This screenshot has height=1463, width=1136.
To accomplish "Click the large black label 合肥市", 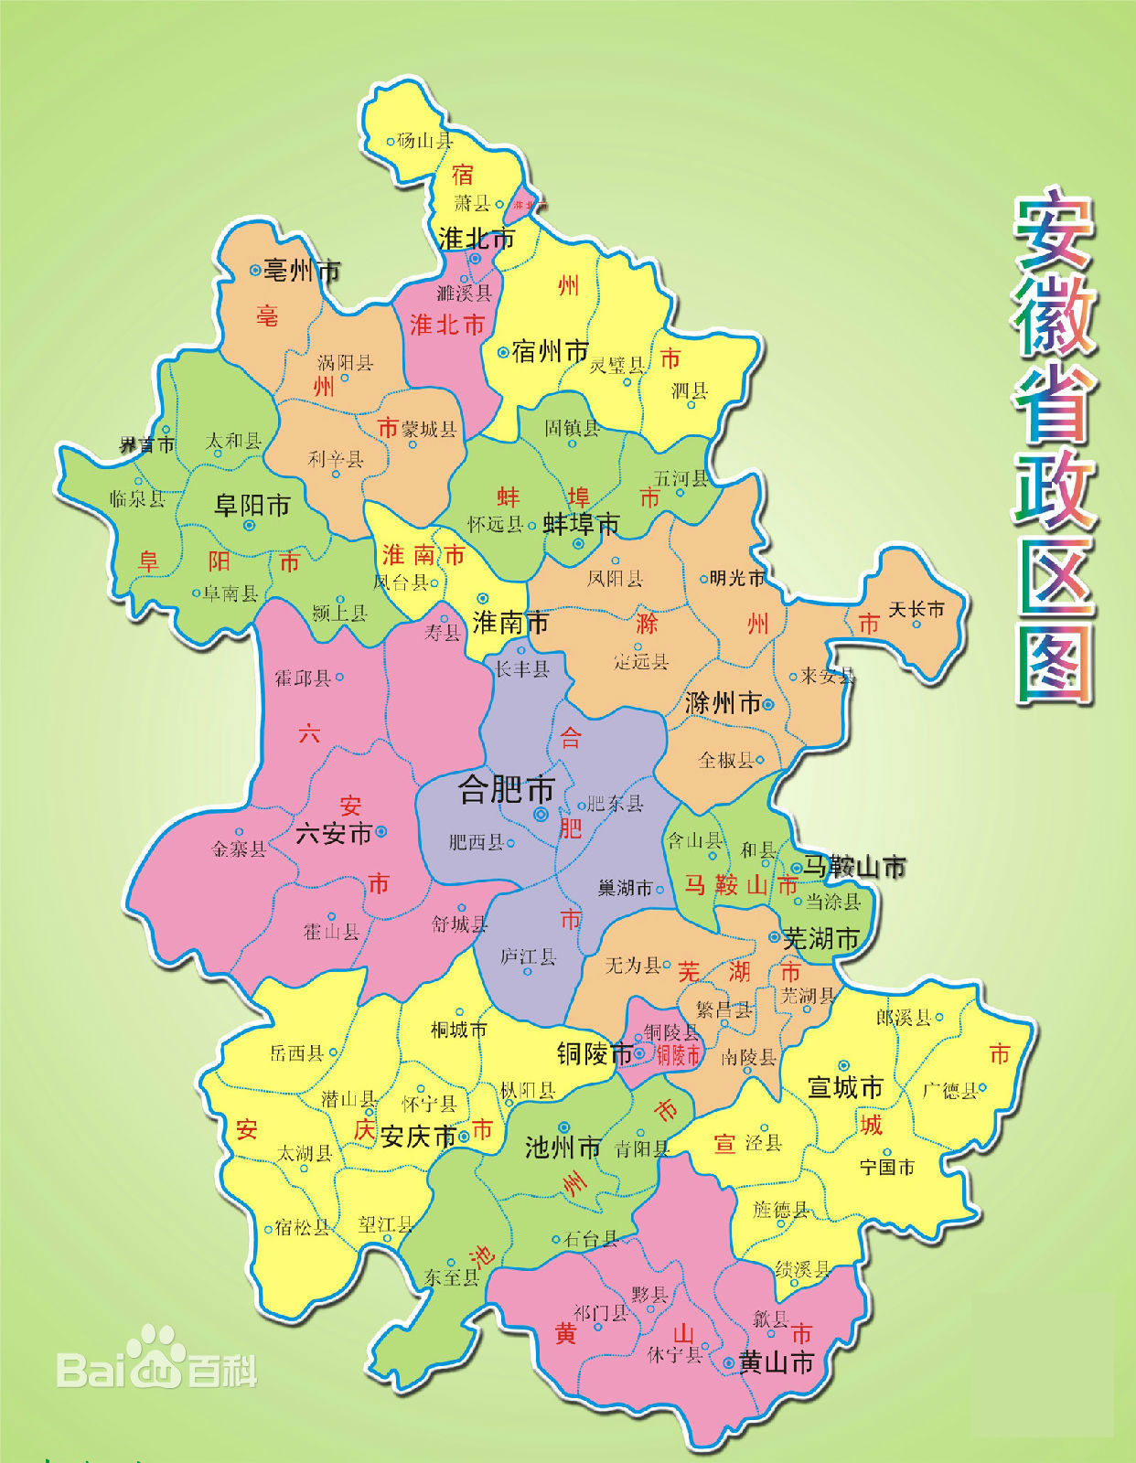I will point(507,788).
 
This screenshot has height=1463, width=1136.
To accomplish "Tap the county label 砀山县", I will point(424,140).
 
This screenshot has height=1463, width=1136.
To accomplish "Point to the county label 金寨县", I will point(239,849).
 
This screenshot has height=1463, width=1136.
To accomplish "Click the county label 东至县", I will point(451,1276).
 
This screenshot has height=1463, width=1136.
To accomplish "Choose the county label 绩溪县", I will point(802,1269).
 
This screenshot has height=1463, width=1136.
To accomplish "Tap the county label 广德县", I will point(949,1090).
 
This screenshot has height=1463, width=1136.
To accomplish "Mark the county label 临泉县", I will point(137,498).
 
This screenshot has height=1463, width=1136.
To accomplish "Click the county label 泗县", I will point(690,391).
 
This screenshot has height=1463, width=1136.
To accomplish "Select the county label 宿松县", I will point(302,1227).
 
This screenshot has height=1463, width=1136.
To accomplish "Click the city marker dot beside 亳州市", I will point(255,270).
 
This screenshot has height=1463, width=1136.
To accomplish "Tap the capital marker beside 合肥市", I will point(541,813).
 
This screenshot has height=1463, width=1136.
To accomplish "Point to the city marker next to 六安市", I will point(381,832).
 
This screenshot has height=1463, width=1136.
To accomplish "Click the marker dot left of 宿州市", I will point(502,352).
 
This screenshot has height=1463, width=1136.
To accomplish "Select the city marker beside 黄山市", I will point(728,1362).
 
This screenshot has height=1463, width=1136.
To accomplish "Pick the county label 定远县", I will point(640,661).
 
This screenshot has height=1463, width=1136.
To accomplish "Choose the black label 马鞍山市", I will point(855,867).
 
